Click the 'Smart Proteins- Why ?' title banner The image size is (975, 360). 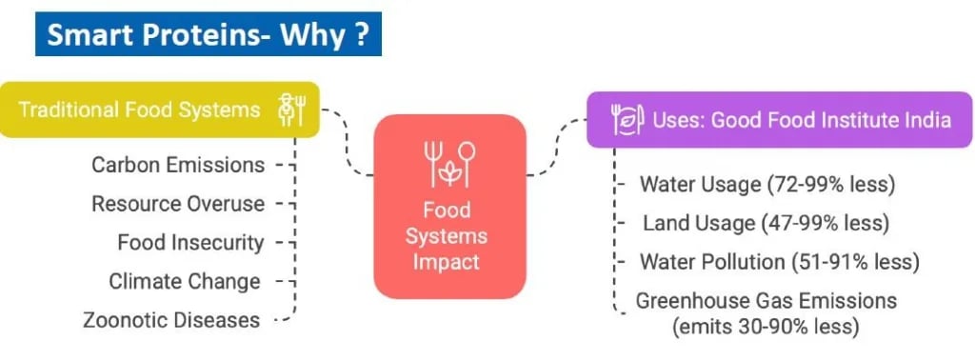click(x=208, y=36)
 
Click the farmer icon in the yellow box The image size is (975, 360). click(x=290, y=110)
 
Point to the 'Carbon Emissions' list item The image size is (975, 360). click(x=178, y=165)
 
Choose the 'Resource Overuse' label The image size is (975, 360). click(x=178, y=204)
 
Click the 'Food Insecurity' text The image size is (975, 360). click(x=190, y=243)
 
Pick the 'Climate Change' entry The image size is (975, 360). click(x=185, y=282)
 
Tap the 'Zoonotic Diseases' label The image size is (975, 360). click(x=171, y=320)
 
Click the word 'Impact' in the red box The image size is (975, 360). click(x=449, y=261)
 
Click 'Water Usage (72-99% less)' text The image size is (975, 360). click(x=767, y=184)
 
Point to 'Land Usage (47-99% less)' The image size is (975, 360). click(x=766, y=223)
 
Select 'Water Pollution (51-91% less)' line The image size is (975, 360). click(x=779, y=262)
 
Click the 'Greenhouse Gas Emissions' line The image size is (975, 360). click(x=766, y=301)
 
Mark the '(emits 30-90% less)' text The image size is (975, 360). click(x=766, y=327)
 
